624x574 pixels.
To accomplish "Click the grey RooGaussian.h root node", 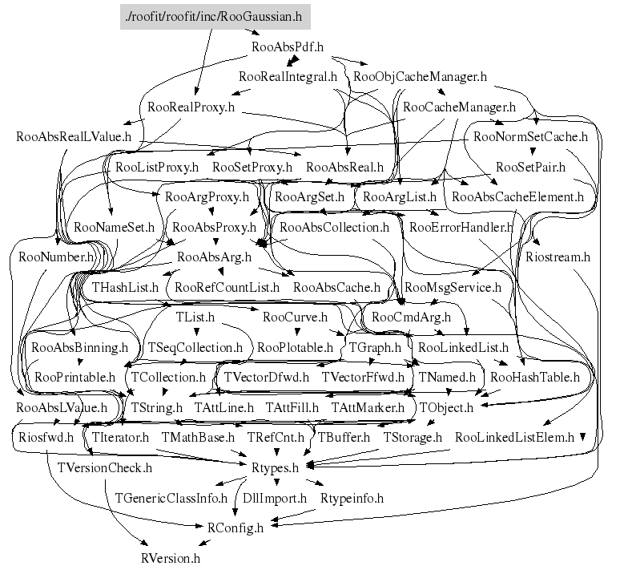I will pos(214,15).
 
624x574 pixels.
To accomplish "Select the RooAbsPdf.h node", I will pos(287,46).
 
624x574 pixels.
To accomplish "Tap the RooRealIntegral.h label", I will pos(288,77).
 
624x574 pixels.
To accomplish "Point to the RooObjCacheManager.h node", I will pos(420,77).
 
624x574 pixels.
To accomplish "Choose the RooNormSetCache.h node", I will pos(530,136).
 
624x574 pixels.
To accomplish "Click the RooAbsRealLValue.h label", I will pos(73,136).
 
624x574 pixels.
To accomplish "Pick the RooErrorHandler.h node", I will pos(461,227).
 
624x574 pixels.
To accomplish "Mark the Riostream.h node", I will pos(558,257).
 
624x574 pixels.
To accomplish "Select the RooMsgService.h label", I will pos(453,287).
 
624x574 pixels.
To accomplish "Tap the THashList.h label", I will pos(126,287).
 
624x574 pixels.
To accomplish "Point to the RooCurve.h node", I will pos(295,317).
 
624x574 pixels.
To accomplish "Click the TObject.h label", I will pos(446,407).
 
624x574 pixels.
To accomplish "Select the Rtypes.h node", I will pos(275,467).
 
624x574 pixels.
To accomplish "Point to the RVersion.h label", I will pos(170,557).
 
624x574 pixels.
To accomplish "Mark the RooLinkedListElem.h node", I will pos(514,437).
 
